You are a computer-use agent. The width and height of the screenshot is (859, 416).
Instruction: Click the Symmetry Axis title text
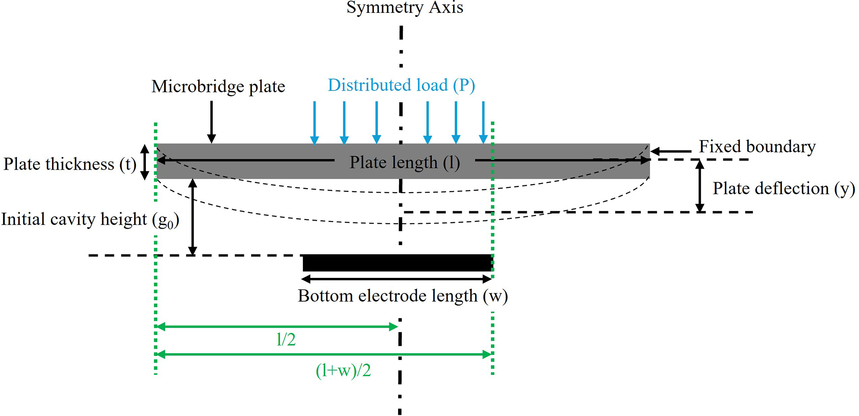(404, 7)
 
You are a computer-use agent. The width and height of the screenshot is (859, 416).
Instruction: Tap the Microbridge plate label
(218, 87)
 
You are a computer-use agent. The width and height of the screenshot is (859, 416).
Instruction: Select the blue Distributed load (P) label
(401, 85)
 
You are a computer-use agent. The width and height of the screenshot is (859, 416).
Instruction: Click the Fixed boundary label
(757, 147)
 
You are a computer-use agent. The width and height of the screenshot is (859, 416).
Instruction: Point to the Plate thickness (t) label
(70, 164)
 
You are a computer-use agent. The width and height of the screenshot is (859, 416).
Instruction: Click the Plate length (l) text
(404, 162)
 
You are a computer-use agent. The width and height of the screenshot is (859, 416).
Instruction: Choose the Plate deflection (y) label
(783, 188)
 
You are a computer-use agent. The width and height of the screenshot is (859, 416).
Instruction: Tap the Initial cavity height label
(90, 220)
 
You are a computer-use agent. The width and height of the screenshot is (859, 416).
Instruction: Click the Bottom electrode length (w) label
(402, 296)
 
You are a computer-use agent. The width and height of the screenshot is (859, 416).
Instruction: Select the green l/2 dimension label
(286, 340)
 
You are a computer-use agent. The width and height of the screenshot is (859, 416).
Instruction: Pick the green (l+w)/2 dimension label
(343, 370)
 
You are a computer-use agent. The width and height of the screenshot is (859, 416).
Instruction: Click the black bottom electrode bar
(398, 263)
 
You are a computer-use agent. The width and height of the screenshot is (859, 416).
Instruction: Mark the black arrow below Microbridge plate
(212, 122)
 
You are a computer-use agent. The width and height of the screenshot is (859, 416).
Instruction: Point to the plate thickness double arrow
(144, 162)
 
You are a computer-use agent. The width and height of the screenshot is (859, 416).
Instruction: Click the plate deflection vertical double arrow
(700, 186)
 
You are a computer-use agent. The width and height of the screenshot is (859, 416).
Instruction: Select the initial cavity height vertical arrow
(192, 217)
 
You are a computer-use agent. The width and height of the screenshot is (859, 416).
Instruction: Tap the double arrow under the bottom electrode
(397, 279)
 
